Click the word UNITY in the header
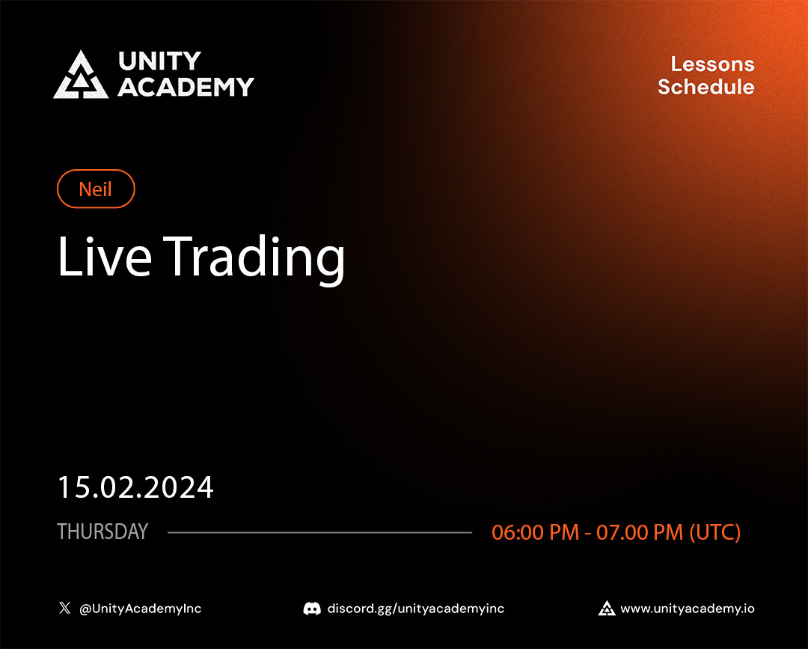click(x=159, y=61)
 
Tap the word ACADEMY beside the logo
click(x=186, y=87)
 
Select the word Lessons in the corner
click(x=712, y=64)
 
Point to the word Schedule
click(x=706, y=87)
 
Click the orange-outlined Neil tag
click(x=96, y=189)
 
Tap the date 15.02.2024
click(x=135, y=487)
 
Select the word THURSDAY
click(x=102, y=532)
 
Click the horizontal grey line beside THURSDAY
click(x=319, y=533)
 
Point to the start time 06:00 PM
click(x=535, y=532)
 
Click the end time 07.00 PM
click(x=640, y=532)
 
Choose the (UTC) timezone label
click(x=714, y=532)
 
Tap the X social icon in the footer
click(x=64, y=609)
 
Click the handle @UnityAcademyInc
click(x=141, y=609)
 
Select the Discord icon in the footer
click(x=312, y=609)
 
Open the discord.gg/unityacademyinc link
click(x=416, y=609)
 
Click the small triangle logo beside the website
click(x=607, y=609)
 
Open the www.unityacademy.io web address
click(x=688, y=609)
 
